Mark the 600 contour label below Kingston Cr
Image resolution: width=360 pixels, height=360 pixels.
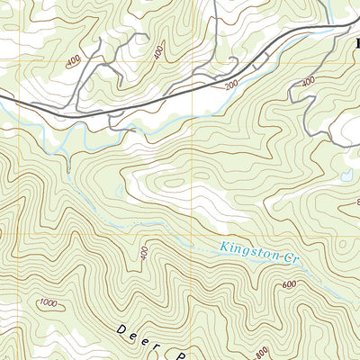pos(289,284)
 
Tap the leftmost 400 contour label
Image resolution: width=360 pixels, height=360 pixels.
pos(71,62)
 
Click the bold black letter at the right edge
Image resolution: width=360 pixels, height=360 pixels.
pos(355,41)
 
